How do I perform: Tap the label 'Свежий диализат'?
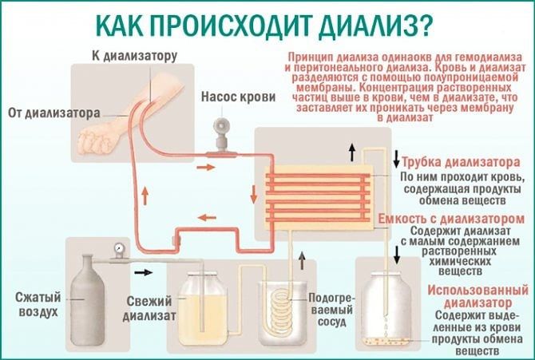coord(150,309)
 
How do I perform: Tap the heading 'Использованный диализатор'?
coord(465,295)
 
